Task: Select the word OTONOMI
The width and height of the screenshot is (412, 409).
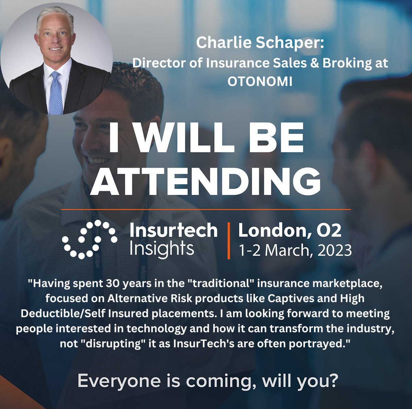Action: (260, 81)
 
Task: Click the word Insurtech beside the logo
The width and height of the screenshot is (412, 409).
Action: (173, 230)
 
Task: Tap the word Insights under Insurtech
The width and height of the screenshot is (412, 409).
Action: (162, 249)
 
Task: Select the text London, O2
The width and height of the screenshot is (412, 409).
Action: (290, 231)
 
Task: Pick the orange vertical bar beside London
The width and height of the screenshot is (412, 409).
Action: (228, 240)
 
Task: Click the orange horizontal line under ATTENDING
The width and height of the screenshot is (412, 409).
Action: (206, 209)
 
